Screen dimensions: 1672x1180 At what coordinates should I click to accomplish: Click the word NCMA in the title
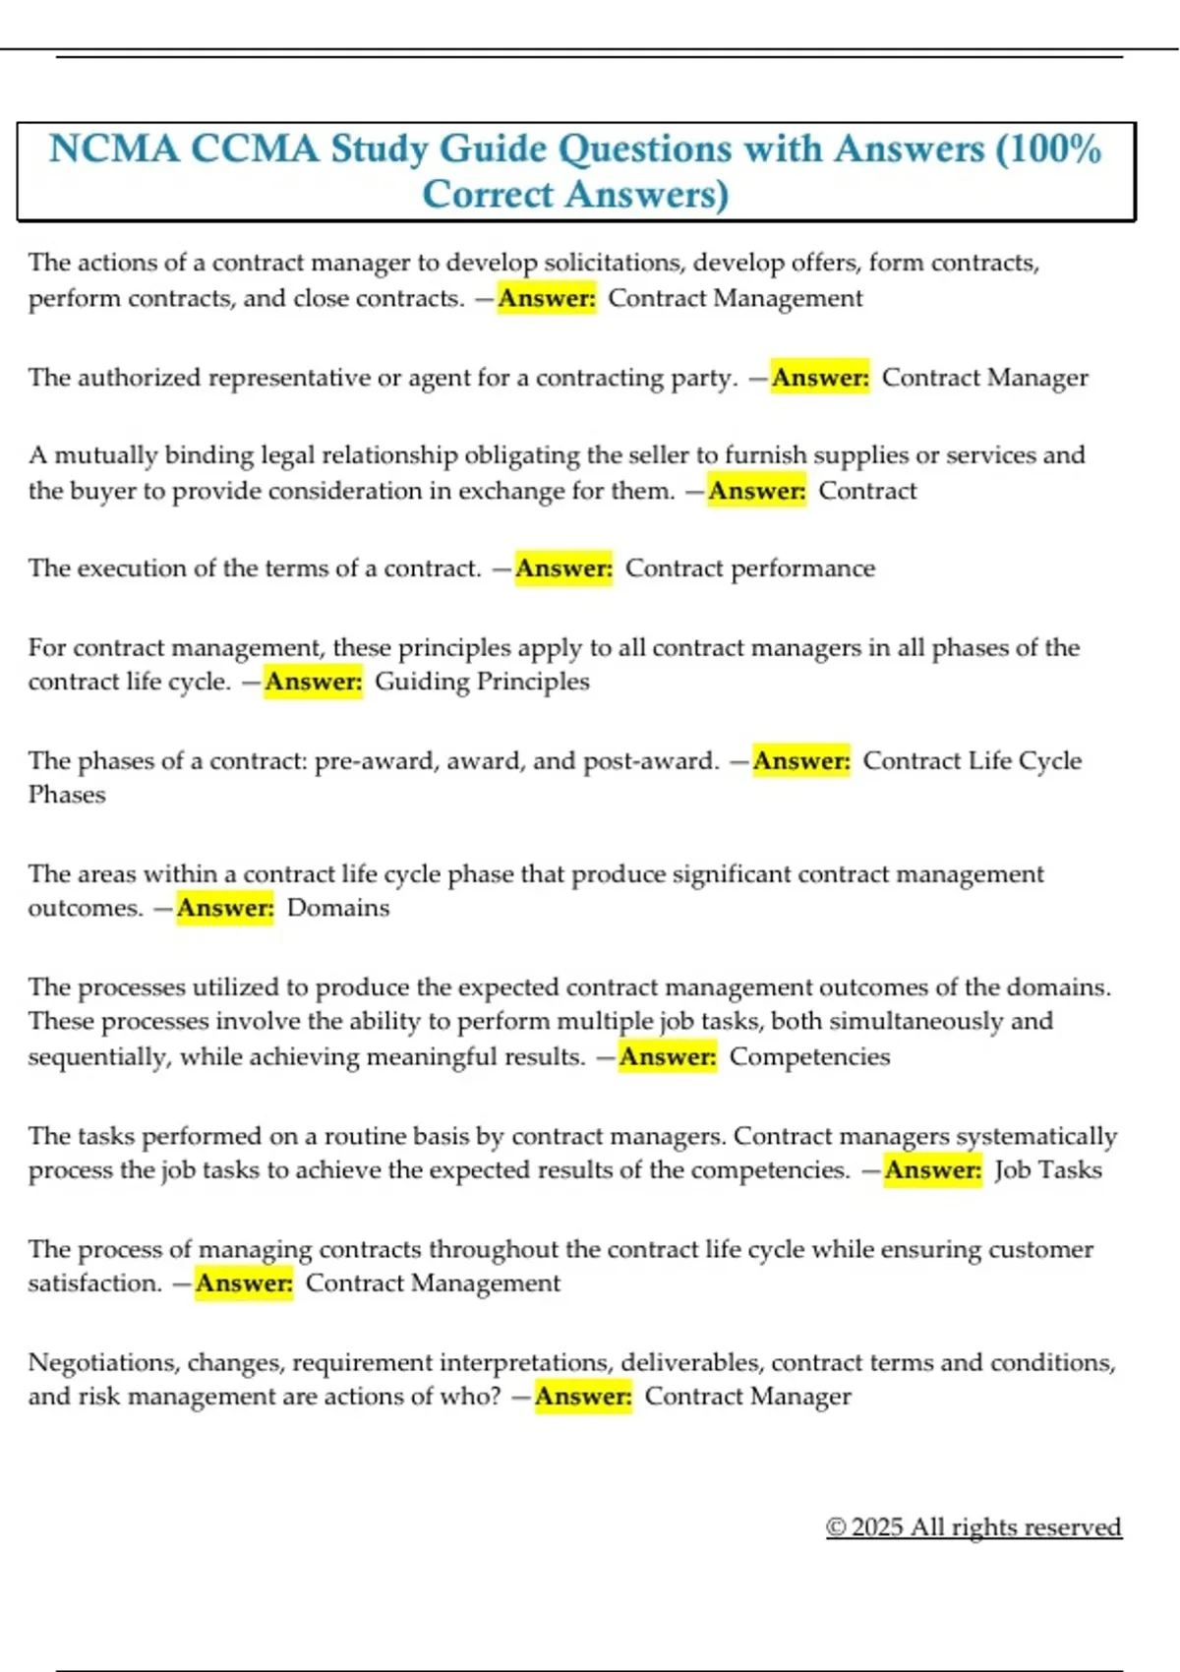click(x=114, y=149)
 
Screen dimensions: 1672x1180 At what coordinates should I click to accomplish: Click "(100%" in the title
click(x=1048, y=149)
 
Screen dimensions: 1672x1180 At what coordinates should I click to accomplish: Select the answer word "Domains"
click(x=338, y=908)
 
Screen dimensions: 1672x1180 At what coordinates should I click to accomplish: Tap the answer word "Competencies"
click(x=809, y=1057)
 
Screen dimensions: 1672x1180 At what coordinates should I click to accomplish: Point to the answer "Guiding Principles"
click(x=482, y=682)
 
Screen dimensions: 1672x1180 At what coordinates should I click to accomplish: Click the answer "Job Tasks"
click(x=1047, y=1170)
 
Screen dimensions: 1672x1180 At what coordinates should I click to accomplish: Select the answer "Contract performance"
click(x=749, y=568)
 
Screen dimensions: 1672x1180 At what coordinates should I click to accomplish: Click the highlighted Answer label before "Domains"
click(x=225, y=908)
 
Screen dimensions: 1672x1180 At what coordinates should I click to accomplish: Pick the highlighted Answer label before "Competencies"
click(x=668, y=1057)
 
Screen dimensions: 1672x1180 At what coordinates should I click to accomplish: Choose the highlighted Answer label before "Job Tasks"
click(x=932, y=1170)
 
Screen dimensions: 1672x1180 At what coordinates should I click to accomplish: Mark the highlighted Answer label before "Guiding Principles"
click(x=314, y=682)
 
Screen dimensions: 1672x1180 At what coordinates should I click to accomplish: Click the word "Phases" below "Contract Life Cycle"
click(x=66, y=795)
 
